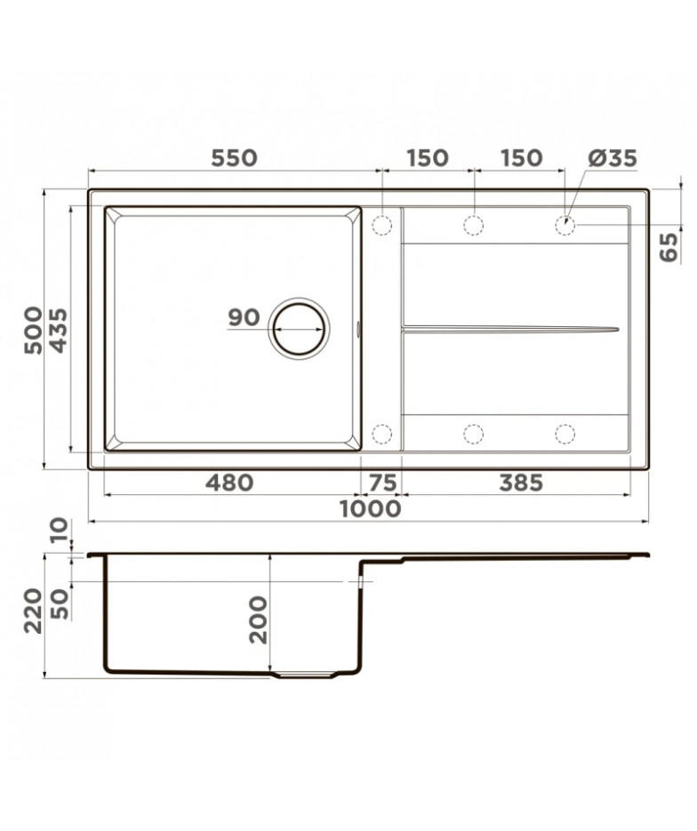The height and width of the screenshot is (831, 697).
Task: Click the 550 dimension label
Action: [x=234, y=158]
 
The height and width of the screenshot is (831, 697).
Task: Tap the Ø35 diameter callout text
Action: [x=613, y=158]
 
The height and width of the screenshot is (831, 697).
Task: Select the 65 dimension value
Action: [x=669, y=247]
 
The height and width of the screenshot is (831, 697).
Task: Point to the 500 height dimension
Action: [x=32, y=330]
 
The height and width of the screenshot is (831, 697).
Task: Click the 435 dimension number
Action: [x=58, y=330]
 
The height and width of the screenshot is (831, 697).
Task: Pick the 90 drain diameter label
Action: [x=244, y=317]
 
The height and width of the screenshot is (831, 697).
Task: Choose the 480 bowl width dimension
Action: [x=230, y=483]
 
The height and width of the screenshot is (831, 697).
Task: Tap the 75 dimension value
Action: [x=382, y=483]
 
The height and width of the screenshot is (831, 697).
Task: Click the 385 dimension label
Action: [x=521, y=483]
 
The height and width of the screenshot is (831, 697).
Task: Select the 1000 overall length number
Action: [x=370, y=508]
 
